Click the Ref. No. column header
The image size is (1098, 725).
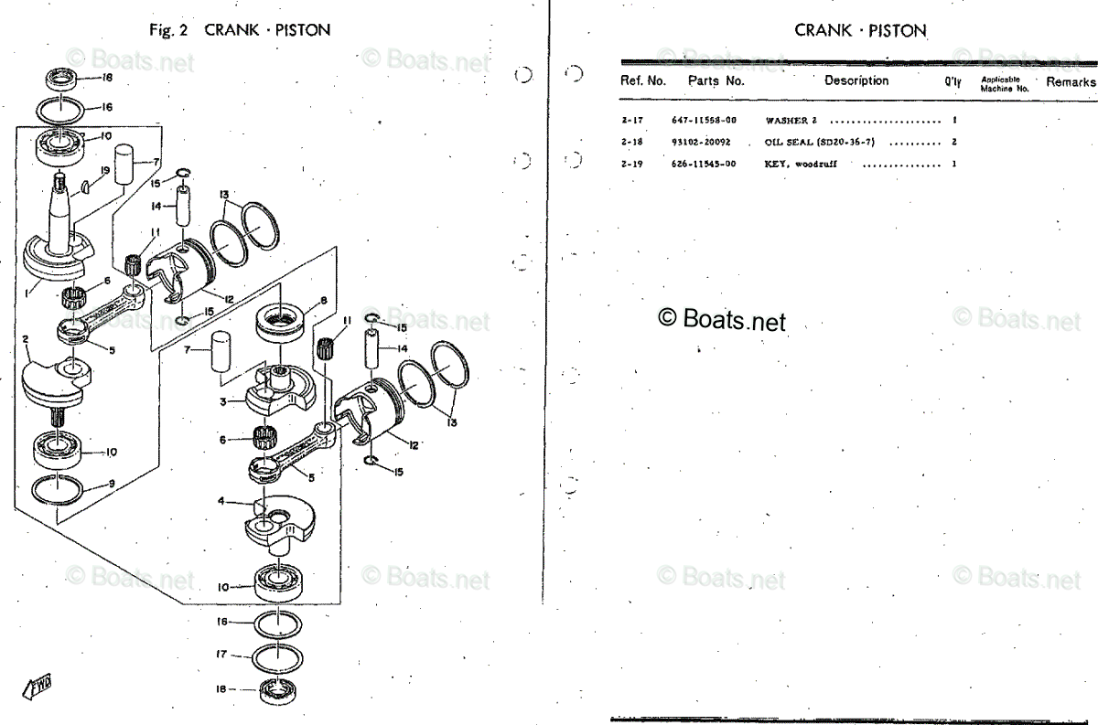coord(643,80)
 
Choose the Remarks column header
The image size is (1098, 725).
coord(1071,81)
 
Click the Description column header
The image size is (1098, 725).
coord(856,80)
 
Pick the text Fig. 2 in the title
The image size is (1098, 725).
coord(168,30)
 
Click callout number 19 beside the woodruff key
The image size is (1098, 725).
coord(104,171)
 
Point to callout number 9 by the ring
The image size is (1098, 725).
coord(111,484)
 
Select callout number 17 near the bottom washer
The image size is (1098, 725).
coord(221,655)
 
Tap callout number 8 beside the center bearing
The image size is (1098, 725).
coord(323,301)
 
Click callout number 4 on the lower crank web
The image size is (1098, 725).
coord(221,501)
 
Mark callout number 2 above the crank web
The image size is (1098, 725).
coord(26,341)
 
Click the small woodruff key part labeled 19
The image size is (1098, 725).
coord(85,187)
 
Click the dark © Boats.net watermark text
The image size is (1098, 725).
coord(722,319)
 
